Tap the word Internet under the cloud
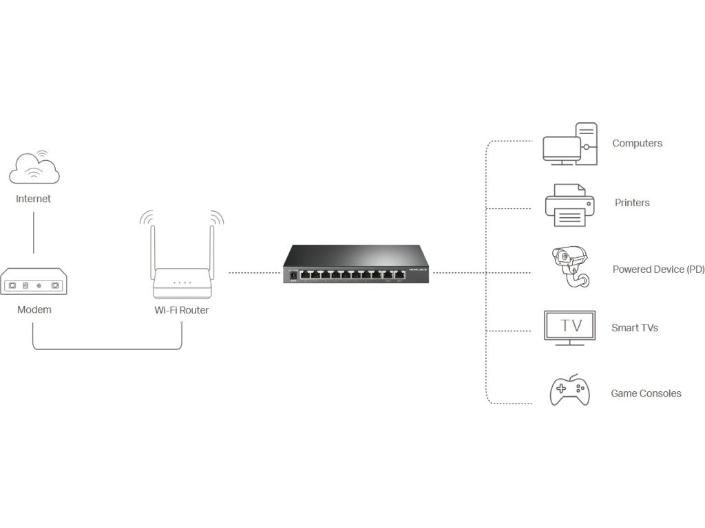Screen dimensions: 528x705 pyautogui.click(x=34, y=199)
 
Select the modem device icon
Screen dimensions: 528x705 pyautogui.click(x=33, y=282)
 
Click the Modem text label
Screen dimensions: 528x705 pyautogui.click(x=34, y=309)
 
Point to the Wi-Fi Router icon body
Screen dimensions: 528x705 pyautogui.click(x=181, y=282)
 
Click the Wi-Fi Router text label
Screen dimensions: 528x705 pyautogui.click(x=181, y=310)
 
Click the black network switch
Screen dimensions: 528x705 pyautogui.click(x=356, y=265)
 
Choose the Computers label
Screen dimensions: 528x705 pyautogui.click(x=637, y=143)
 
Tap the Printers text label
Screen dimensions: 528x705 pyautogui.click(x=632, y=203)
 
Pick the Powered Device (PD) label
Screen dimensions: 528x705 pyautogui.click(x=658, y=269)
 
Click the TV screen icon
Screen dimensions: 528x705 pyautogui.click(x=571, y=326)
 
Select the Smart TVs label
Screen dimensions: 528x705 pyautogui.click(x=634, y=328)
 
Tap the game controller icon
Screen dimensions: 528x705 pyautogui.click(x=569, y=391)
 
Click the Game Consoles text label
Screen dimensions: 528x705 pyautogui.click(x=646, y=393)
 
